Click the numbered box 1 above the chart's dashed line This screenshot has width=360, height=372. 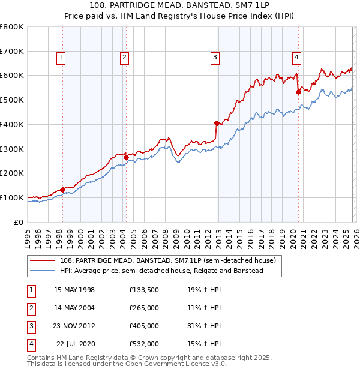click(61, 58)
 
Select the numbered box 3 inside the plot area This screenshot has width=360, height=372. click(214, 58)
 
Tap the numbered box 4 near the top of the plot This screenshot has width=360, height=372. click(296, 58)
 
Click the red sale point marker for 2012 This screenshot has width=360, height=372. click(217, 123)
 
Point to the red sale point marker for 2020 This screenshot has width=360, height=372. click(298, 92)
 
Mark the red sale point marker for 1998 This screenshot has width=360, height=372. click(62, 190)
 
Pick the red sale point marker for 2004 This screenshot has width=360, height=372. click(126, 157)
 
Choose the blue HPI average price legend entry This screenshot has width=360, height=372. click(161, 271)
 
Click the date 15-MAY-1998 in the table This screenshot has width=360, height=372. click(74, 290)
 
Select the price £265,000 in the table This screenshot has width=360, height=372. click(143, 308)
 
